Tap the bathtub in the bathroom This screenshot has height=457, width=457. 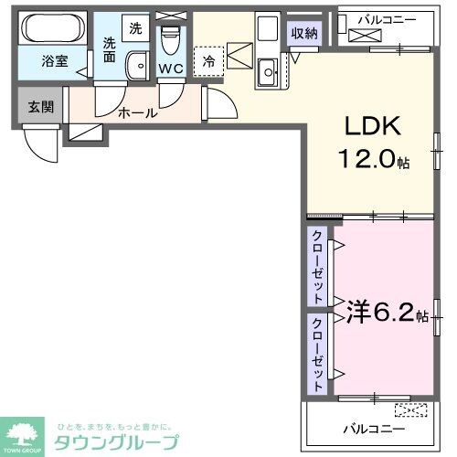[51, 30]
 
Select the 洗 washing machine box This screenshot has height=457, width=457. [134, 27]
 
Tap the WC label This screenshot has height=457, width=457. [170, 68]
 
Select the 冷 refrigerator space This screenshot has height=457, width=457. [209, 62]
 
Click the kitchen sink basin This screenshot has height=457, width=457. [268, 69]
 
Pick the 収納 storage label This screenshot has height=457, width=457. [304, 33]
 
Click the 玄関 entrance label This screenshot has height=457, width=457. [41, 106]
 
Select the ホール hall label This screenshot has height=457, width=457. [138, 113]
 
